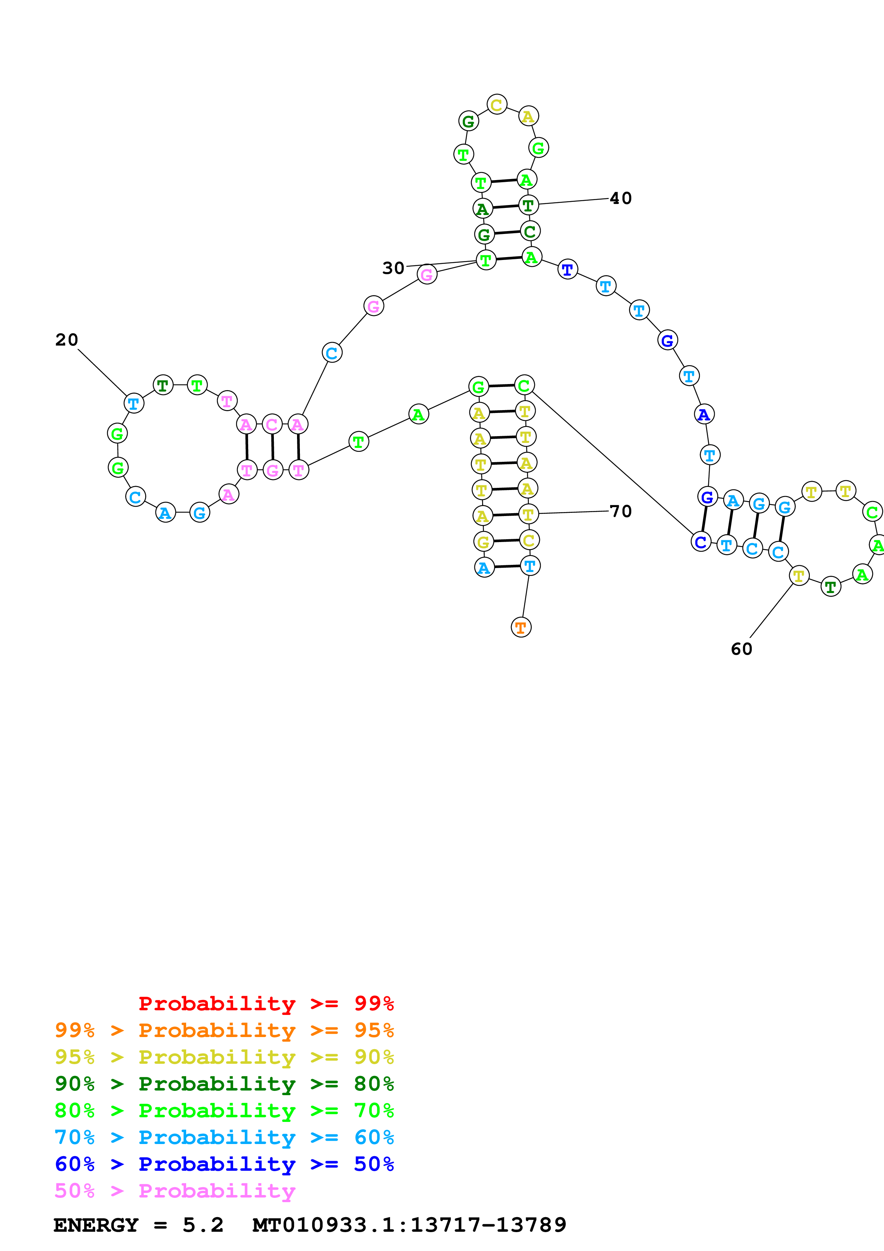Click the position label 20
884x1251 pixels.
click(66, 340)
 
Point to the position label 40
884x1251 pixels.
click(620, 198)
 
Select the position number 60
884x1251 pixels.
click(741, 649)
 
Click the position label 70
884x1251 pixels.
click(620, 511)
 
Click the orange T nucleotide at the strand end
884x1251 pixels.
click(521, 627)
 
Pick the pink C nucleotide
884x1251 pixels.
click(272, 424)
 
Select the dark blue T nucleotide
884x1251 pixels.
click(568, 269)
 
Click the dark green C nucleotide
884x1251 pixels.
click(530, 231)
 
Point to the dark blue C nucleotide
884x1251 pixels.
click(700, 542)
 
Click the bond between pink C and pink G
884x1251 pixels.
click(272, 447)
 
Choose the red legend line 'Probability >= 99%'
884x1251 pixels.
click(266, 1003)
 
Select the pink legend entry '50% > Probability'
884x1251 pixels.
click(175, 1190)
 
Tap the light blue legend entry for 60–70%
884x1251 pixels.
click(224, 1137)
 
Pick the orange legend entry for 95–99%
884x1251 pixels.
click(224, 1030)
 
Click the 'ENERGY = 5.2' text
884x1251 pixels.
click(138, 1225)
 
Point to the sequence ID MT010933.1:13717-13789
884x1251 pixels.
click(409, 1225)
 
